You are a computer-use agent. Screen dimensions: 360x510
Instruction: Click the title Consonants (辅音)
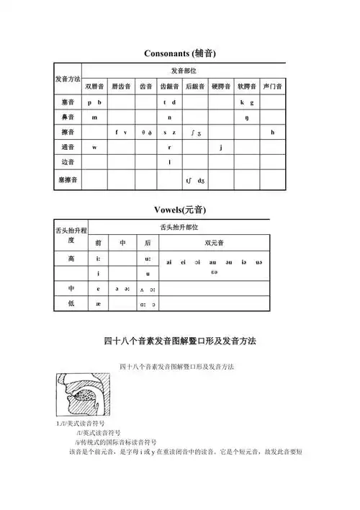(180, 54)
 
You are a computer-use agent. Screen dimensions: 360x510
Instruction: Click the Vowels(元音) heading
(180, 210)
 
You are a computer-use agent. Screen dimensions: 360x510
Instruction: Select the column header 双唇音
(95, 86)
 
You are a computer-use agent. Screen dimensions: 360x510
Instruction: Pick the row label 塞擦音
(68, 178)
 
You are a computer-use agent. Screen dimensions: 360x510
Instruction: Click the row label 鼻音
(68, 117)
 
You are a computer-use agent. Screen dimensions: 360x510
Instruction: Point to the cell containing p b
(95, 102)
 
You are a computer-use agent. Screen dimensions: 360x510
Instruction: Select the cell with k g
(247, 102)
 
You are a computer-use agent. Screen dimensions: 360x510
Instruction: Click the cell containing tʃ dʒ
(194, 179)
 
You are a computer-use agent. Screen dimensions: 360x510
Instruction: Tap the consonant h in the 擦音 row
(273, 132)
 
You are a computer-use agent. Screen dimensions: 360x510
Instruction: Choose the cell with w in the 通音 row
(95, 147)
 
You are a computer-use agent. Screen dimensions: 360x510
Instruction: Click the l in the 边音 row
(169, 162)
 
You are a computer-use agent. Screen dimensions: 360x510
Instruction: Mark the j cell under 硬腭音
(220, 147)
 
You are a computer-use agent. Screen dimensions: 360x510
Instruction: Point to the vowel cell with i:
(99, 258)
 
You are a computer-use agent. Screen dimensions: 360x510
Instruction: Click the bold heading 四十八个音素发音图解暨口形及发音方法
(180, 340)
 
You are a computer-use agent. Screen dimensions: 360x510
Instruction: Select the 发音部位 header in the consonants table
(184, 71)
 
